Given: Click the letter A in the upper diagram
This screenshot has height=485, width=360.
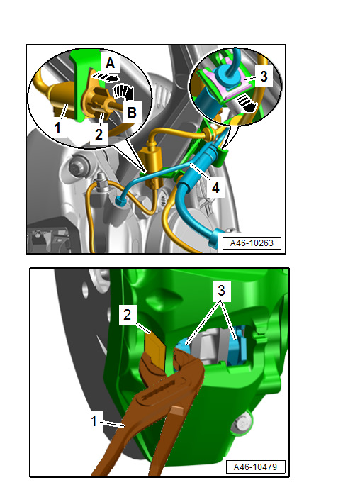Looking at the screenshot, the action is coord(111,63).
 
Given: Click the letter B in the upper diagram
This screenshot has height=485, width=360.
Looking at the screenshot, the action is coord(132,112).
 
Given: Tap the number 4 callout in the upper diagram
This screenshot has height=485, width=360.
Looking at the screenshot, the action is coord(215,188).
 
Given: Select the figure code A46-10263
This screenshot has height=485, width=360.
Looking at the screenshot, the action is coord(252,242).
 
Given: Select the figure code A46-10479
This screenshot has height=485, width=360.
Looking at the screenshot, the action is coord(255,467).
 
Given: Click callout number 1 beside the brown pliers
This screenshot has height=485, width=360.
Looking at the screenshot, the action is coord(94,421).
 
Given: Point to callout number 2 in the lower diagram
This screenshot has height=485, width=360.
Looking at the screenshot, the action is coord(128,315).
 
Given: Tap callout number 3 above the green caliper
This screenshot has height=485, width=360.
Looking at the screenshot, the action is coord(221,291).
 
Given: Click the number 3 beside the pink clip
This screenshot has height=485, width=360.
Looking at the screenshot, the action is coord(264,76).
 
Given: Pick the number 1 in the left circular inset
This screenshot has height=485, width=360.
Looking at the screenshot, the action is coord(57,127).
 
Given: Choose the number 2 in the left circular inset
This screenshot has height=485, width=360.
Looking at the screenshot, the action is coord(99,135).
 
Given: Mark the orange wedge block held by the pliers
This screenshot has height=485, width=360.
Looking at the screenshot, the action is coord(155,347).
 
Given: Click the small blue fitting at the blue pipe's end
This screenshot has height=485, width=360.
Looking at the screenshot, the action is coord(120,201).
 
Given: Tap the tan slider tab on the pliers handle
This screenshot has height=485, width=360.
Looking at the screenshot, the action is coord(178,411).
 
